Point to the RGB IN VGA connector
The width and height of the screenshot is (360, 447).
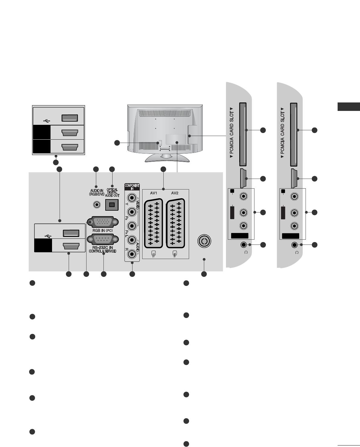click(x=101, y=222)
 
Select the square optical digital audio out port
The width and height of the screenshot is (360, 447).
click(x=112, y=205)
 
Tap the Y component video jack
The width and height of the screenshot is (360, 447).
click(x=132, y=198)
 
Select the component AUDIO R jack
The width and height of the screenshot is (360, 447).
click(x=132, y=254)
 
